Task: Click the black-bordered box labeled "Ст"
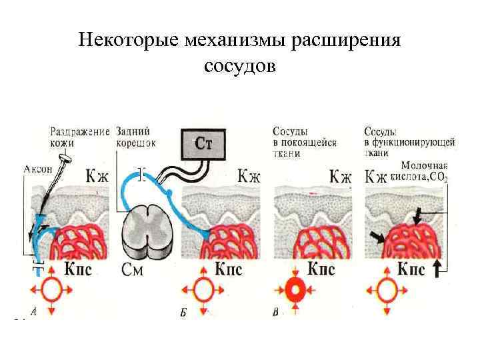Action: [x=203, y=144]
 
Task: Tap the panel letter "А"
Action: [x=33, y=313]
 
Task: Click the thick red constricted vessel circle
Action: [x=294, y=291]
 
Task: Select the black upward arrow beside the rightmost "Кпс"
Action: [x=437, y=269]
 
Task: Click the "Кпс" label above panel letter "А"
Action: [x=85, y=271]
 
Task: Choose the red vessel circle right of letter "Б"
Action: [x=203, y=291]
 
